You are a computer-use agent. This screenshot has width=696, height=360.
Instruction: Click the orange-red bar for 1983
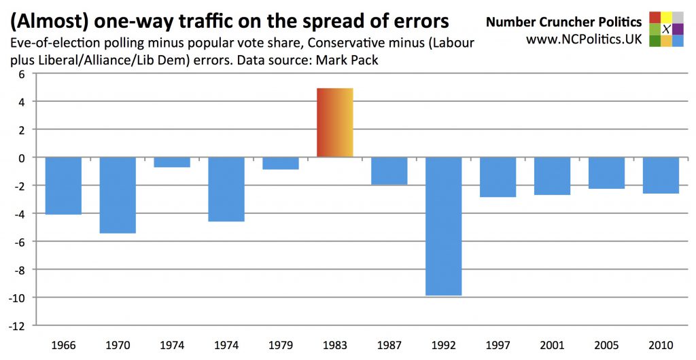click(335, 123)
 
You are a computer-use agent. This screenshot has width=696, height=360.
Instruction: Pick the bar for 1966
click(63, 185)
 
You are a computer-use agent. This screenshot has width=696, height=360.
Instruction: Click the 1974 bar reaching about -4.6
click(226, 189)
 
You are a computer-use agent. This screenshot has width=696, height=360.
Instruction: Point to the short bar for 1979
click(281, 163)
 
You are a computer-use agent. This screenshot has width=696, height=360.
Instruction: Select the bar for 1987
click(389, 170)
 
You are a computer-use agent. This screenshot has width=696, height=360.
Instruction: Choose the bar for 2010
click(661, 175)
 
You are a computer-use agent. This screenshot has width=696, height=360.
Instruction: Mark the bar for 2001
click(552, 176)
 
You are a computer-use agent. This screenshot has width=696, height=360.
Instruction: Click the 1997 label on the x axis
click(498, 344)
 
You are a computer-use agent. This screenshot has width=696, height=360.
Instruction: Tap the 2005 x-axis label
click(606, 344)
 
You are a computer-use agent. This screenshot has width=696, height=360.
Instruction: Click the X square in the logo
click(666, 29)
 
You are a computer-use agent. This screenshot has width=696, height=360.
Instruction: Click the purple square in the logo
click(678, 29)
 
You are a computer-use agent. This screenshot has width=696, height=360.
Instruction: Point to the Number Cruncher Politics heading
click(563, 22)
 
